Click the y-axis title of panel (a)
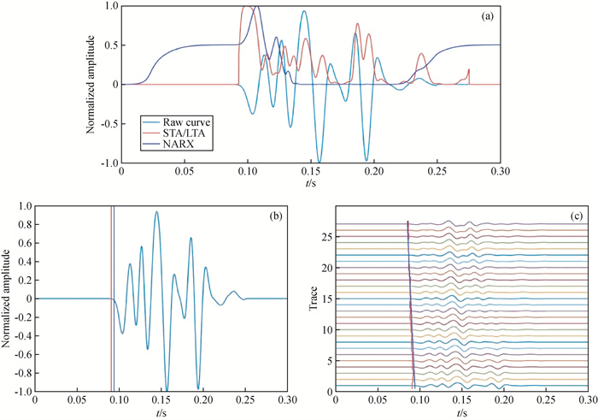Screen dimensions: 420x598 91,83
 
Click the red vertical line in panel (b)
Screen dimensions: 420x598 112,299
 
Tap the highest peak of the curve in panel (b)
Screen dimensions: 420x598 156,212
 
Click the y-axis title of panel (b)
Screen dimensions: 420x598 7,299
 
